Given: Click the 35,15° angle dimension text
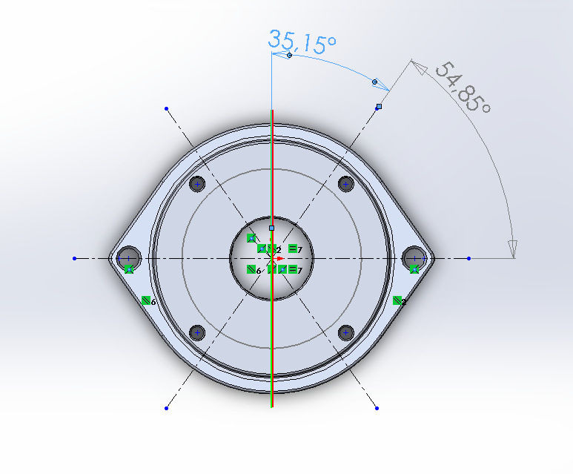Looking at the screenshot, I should coord(302,41).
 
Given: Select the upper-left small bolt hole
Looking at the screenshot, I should coord(197,184).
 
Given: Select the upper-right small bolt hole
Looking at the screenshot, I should coord(345,184).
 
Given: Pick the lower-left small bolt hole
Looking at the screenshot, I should coord(197,332).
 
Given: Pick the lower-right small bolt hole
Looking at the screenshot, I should coord(345,332).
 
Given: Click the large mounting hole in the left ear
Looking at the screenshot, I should coord(129,257).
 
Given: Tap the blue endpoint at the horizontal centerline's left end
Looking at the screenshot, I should coord(75,259).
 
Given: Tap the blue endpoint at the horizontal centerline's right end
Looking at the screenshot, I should coord(469,259).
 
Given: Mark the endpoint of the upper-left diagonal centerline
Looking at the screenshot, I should coord(166,108).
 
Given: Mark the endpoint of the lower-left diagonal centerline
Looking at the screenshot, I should coord(166,408).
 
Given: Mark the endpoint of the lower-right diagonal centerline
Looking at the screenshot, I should coord(377,408).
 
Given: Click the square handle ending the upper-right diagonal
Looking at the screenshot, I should coord(379,107).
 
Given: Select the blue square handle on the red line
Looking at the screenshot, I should coord(272,228).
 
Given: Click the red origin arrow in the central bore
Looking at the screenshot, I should coord(279,259).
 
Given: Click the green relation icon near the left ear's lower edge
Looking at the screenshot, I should coord(146,300).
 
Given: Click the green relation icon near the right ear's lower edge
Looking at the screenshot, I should coord(397,300).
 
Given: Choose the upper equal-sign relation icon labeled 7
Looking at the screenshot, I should coord(293,248).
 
